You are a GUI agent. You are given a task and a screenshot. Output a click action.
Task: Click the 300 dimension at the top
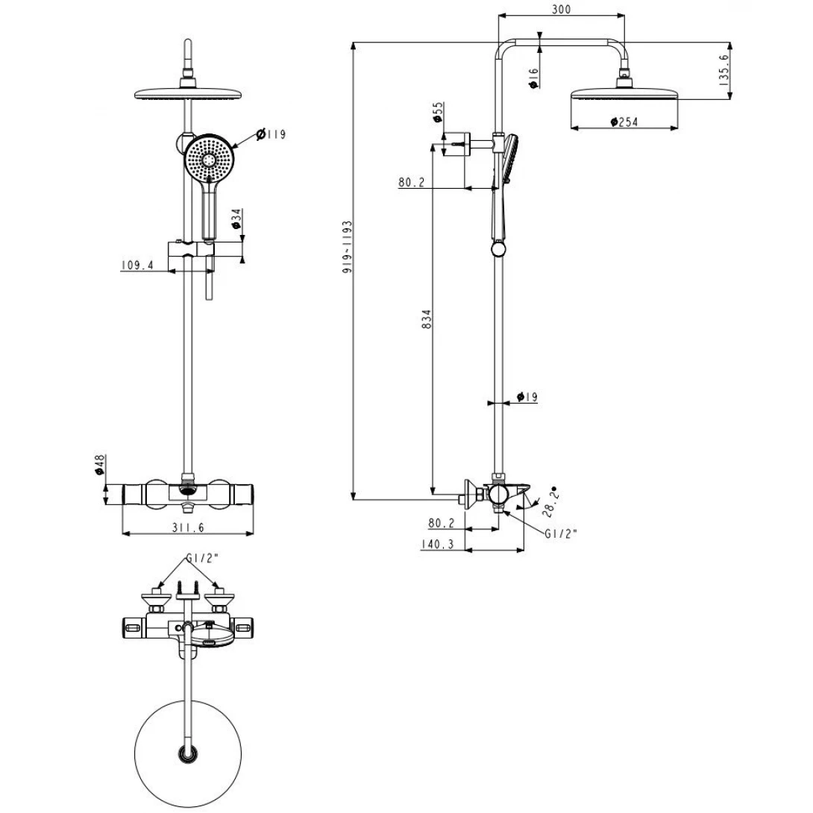(x=562, y=9)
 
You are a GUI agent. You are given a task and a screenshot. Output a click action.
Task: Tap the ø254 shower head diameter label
(x=624, y=122)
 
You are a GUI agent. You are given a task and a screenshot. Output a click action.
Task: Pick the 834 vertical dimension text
(x=426, y=319)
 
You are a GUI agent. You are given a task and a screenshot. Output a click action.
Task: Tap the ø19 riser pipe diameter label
(x=527, y=398)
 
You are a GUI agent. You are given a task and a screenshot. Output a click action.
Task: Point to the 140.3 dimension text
(x=438, y=545)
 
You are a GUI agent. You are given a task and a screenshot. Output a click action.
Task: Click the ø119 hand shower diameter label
(x=271, y=134)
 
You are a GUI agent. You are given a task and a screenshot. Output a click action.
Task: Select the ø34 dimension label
(x=236, y=219)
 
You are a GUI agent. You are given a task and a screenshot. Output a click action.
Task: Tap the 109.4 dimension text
(x=138, y=265)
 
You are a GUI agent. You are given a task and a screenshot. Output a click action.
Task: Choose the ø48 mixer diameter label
(x=100, y=465)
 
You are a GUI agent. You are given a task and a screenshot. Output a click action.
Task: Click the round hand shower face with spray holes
(x=212, y=160)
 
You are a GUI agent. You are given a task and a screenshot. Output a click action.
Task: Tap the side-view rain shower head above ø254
(x=624, y=95)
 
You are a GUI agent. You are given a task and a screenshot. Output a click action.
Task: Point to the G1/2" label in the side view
(x=561, y=533)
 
